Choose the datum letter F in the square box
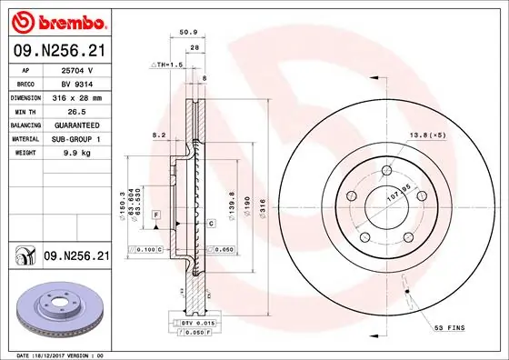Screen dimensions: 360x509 tap(156, 214)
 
